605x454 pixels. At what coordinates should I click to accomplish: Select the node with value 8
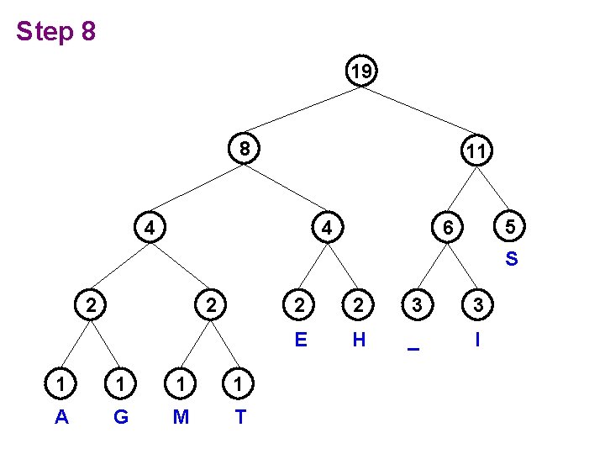pyautogui.click(x=244, y=149)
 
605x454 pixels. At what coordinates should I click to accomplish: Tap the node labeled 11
pyautogui.click(x=476, y=152)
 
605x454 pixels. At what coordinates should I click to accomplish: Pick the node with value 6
pyautogui.click(x=449, y=227)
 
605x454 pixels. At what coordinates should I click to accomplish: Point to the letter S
pyautogui.click(x=511, y=259)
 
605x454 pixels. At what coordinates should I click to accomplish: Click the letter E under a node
pyautogui.click(x=299, y=340)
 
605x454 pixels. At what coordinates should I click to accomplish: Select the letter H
pyautogui.click(x=359, y=340)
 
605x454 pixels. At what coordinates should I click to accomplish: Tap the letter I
pyautogui.click(x=477, y=340)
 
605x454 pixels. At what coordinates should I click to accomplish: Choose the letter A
pyautogui.click(x=61, y=416)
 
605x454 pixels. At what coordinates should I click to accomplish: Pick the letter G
pyautogui.click(x=121, y=416)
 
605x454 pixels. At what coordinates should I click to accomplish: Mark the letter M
pyautogui.click(x=181, y=416)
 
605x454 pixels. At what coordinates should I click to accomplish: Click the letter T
pyautogui.click(x=240, y=416)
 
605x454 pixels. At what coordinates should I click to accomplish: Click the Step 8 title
pyautogui.click(x=56, y=33)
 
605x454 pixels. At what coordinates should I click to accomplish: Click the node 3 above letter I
pyautogui.click(x=477, y=305)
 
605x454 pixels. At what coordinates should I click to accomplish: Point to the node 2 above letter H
pyautogui.click(x=359, y=305)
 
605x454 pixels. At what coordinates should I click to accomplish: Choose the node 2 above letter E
pyautogui.click(x=299, y=305)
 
